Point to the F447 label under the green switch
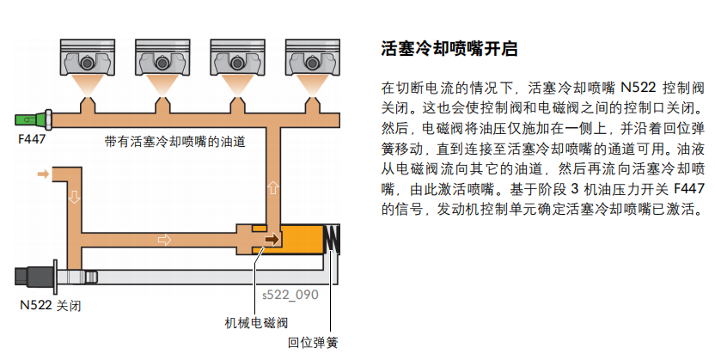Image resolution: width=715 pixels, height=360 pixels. [x=32, y=137]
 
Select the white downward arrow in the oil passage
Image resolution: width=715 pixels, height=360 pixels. [x=74, y=197]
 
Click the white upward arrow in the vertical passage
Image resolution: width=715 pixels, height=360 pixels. [x=274, y=186]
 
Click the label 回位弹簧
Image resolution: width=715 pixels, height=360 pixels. [x=313, y=343]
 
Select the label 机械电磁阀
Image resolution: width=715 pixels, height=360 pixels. [x=255, y=323]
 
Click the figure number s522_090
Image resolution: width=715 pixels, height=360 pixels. [x=290, y=295]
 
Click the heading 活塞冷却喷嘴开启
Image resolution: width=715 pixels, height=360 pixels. [x=449, y=49]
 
